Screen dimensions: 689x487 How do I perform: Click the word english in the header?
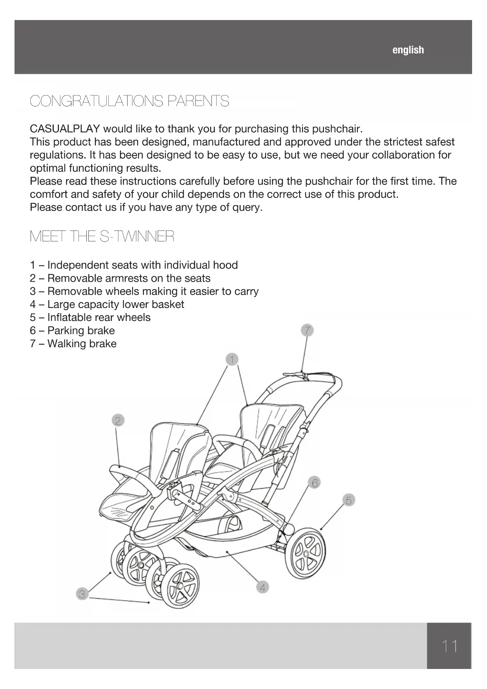408,50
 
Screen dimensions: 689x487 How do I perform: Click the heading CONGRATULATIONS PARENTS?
129,101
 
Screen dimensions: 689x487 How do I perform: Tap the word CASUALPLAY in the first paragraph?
65,129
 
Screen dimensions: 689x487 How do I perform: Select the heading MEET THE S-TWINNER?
102,236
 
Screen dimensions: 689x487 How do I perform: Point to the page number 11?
449,646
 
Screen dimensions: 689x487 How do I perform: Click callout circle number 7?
307,330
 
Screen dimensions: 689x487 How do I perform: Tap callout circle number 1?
232,359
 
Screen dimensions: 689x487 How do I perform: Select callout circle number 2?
117,421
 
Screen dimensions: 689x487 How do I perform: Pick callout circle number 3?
82,594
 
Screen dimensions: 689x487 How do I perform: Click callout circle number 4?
263,588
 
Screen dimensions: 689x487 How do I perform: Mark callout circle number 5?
348,500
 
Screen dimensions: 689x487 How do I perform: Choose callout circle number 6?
315,482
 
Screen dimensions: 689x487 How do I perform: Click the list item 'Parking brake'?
81,330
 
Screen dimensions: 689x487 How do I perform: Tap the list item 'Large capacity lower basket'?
115,304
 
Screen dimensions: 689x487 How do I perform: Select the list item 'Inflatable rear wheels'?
98,317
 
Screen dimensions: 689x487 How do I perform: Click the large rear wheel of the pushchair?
306,554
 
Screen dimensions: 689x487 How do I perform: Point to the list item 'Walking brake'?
82,344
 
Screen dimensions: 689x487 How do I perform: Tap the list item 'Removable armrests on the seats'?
128,279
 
